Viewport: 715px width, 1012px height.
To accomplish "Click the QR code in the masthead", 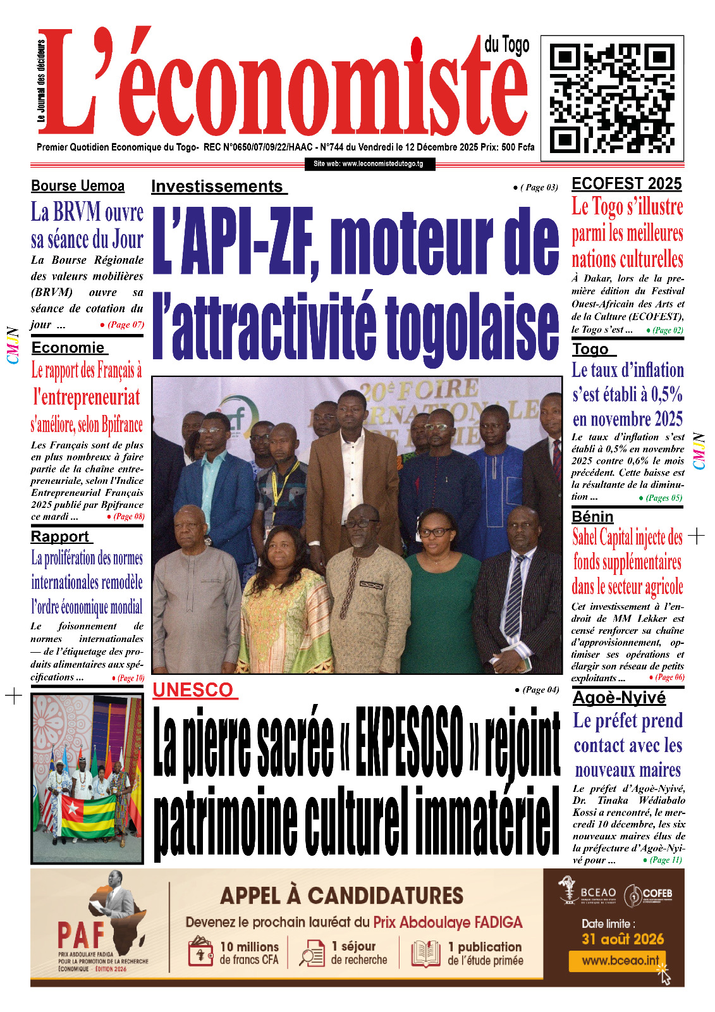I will click(611, 98).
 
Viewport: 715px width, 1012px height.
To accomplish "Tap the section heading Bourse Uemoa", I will click(78, 186).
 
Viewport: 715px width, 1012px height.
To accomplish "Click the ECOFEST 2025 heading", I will click(626, 184).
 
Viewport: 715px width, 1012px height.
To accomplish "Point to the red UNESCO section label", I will click(193, 690).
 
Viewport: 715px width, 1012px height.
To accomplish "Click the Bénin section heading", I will click(592, 517).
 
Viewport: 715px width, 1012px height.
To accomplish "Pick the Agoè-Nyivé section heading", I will click(619, 698).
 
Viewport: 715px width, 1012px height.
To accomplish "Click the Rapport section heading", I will click(60, 536).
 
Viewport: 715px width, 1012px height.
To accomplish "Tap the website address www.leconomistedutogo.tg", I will click(369, 164).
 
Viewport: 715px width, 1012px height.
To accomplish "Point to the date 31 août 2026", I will click(623, 939).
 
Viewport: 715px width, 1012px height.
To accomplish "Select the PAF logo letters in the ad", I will click(80, 934).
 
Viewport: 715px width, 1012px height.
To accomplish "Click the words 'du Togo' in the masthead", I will click(506, 45).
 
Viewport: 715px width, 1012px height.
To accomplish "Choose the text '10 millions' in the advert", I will click(249, 946).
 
